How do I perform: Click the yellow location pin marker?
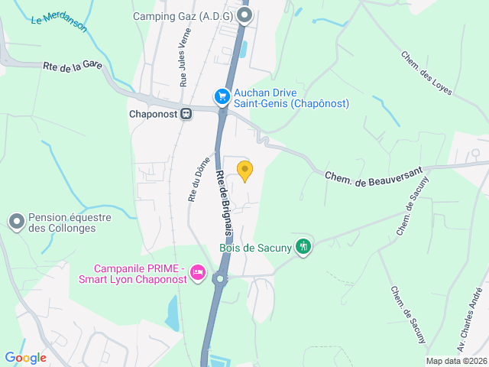pos(244,171)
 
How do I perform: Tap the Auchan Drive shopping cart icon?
pos(222,96)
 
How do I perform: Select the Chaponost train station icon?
pos(186,114)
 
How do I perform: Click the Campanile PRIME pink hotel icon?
pos(198,272)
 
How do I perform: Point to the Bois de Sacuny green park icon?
pos(304,246)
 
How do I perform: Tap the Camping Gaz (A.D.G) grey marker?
pos(244,15)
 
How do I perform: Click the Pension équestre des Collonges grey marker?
pos(16,222)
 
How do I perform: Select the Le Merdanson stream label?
pos(59,21)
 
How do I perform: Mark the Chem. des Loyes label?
pos(426,73)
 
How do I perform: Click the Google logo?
pos(25,357)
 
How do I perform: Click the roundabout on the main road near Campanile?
pos(220,279)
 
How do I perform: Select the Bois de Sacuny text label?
pos(257,247)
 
